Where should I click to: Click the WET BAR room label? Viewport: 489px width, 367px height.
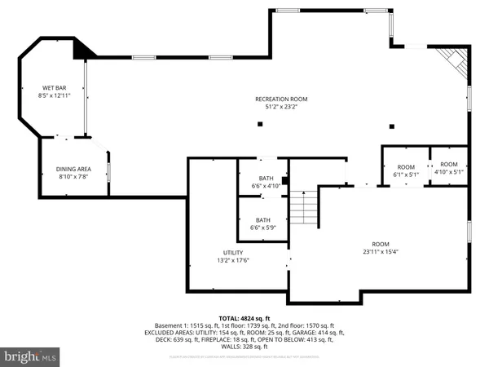coord(55,87)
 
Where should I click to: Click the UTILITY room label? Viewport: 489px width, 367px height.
coord(233,253)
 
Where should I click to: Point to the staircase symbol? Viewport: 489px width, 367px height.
coord(303,206)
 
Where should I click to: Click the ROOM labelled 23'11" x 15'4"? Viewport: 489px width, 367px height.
coord(381,244)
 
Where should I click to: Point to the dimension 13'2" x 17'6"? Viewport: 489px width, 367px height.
coord(233,261)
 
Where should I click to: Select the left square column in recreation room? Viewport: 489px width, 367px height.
coord(259,124)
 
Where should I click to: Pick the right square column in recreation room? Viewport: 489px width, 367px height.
coord(392,126)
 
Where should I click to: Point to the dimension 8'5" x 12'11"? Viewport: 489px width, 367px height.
coord(55,95)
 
